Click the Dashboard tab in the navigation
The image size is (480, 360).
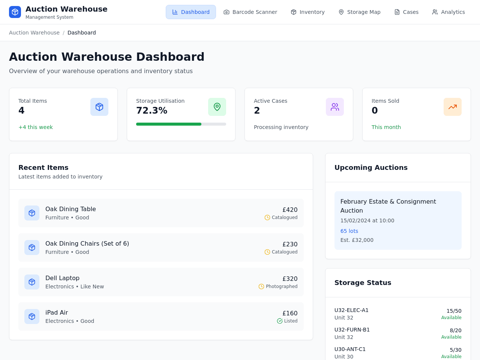pos(191,12)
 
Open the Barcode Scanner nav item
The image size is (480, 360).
pos(250,12)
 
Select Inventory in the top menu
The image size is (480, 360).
pos(307,12)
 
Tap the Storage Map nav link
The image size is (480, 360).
pos(359,12)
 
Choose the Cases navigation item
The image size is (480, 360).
pos(406,12)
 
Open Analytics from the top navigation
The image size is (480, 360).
pos(448,12)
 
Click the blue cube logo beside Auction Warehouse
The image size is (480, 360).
pos(15,12)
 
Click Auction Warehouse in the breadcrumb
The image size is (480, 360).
pos(34,33)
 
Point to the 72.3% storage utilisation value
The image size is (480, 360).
pos(151,110)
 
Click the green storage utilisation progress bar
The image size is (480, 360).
pos(169,124)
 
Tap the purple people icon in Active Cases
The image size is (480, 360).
pos(335,107)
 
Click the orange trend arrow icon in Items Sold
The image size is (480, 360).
pos(453,107)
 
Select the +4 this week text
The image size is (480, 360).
pos(36,127)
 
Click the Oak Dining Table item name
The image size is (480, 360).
pos(70,209)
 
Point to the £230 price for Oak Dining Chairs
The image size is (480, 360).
pos(290,244)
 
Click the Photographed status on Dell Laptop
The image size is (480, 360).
pos(282,286)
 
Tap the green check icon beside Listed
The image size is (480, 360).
pos(279,321)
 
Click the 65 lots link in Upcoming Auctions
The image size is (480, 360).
pos(349,231)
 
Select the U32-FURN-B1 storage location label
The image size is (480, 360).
pos(352,330)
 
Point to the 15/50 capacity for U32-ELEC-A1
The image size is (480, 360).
pos(454,311)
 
